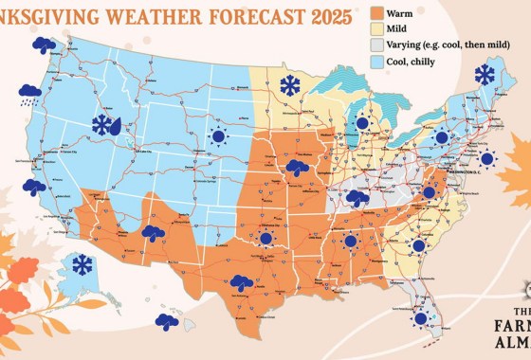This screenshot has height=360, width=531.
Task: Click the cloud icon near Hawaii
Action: [167, 321]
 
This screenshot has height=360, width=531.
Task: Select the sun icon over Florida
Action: [419, 318]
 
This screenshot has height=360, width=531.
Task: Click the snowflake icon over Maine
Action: [485, 74]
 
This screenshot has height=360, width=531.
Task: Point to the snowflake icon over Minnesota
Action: [290, 86]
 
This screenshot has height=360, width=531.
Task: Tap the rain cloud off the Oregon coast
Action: [29, 93]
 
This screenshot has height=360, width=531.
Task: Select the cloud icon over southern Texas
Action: [241, 281]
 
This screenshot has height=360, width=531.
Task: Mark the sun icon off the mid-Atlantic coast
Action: [487, 158]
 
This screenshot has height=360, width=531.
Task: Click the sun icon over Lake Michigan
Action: [361, 122]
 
